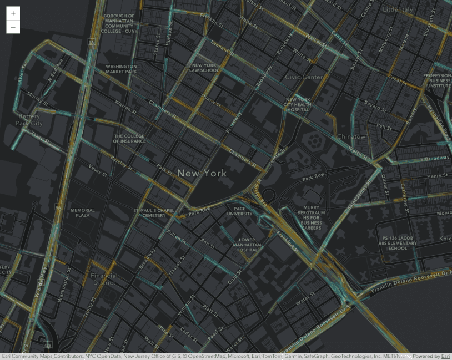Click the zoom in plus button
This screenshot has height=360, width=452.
[x=13, y=13]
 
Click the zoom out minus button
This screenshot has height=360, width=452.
[x=13, y=27]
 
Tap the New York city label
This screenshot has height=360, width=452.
[x=202, y=173]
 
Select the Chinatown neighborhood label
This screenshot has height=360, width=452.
[x=353, y=136]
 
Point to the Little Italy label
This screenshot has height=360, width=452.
[x=398, y=9]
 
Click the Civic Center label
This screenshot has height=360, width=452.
[x=304, y=77]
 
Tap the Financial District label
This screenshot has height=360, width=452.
[x=104, y=279]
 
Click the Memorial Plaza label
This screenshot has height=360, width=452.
[x=83, y=212]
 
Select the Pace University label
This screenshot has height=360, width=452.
[x=239, y=211]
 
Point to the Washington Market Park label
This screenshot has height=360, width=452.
[x=121, y=69]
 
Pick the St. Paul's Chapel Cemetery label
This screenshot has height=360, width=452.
[x=154, y=213]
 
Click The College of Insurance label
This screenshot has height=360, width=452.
[x=129, y=139]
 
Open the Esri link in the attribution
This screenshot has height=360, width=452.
[x=445, y=356]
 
